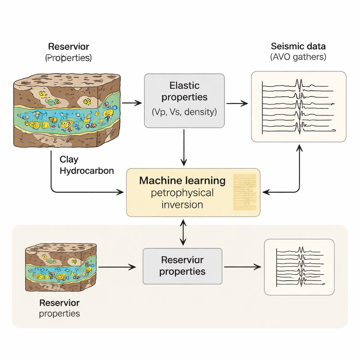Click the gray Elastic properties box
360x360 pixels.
(184, 100)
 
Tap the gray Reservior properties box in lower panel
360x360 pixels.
(182, 266)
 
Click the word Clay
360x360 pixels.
(69, 159)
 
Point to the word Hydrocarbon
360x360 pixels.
(86, 171)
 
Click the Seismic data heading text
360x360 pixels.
(298, 46)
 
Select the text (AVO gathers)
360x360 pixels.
(298, 57)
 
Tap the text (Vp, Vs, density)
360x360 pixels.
(184, 112)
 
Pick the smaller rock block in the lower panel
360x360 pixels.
(61, 267)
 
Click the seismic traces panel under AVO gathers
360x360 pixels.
(298, 107)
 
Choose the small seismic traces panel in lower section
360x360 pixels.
(299, 267)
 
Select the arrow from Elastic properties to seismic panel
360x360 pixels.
(237, 103)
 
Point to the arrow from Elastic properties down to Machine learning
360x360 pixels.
(184, 147)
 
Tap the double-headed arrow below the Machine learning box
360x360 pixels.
(183, 232)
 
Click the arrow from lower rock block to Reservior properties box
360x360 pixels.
(117, 267)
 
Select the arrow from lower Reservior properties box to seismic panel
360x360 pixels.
(243, 267)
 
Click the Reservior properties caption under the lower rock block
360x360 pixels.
(59, 308)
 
